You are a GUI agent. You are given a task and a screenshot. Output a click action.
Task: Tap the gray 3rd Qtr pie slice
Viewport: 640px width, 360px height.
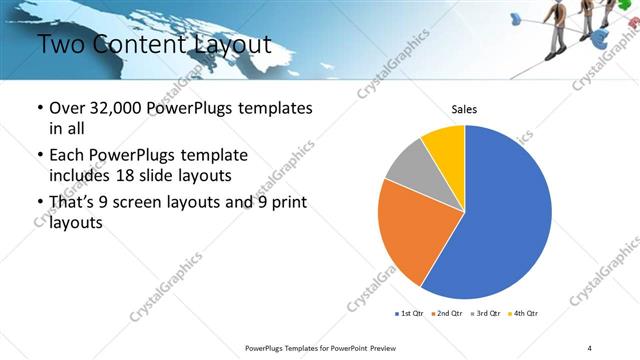tap(407, 167)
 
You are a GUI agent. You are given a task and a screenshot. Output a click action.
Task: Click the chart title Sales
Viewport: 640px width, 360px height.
tap(464, 109)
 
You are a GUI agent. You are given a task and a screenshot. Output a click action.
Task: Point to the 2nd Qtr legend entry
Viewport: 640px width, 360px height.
tap(446, 314)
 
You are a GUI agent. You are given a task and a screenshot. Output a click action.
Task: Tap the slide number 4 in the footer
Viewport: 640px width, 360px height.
tap(590, 347)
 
